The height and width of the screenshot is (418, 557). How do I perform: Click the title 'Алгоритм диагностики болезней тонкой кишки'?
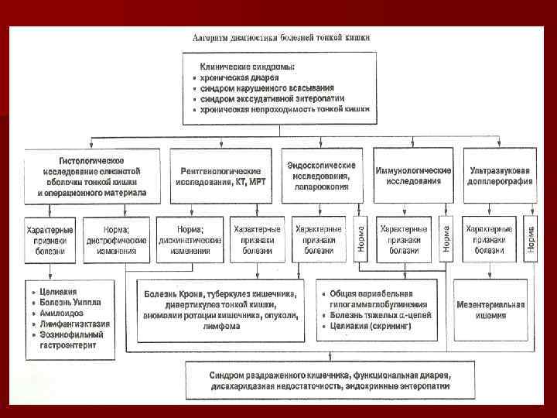coord(281,38)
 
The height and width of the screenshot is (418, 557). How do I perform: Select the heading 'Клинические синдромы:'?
coord(246,67)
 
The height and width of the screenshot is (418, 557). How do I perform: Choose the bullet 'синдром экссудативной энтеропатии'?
coord(272,99)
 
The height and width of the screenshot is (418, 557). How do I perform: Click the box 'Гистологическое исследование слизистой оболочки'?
coord(92,175)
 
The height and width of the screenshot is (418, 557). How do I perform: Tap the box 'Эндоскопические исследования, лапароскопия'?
coord(321,175)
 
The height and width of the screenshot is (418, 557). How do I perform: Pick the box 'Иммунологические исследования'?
coord(412,175)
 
